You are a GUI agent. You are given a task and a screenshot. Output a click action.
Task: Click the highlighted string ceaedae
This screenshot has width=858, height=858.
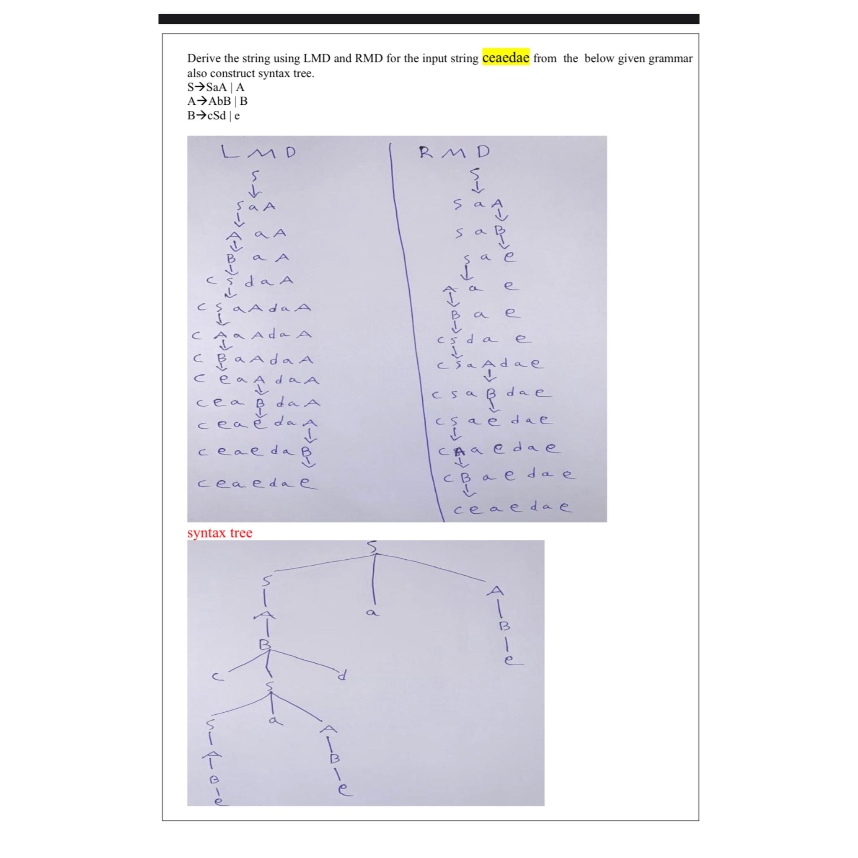505,58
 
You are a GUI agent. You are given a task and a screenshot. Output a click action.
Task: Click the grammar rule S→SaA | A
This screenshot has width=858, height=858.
215,87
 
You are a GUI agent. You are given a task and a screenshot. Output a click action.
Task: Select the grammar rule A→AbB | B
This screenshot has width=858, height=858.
217,101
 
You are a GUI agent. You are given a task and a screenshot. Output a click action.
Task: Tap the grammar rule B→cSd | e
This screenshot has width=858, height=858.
214,116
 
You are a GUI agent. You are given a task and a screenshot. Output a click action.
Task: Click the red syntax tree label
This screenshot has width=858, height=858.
220,533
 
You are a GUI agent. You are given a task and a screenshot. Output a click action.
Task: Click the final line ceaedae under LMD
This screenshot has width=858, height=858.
258,483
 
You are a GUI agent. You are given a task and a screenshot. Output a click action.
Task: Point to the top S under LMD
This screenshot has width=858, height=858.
254,176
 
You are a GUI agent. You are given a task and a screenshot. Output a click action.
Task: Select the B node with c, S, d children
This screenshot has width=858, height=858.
265,644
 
